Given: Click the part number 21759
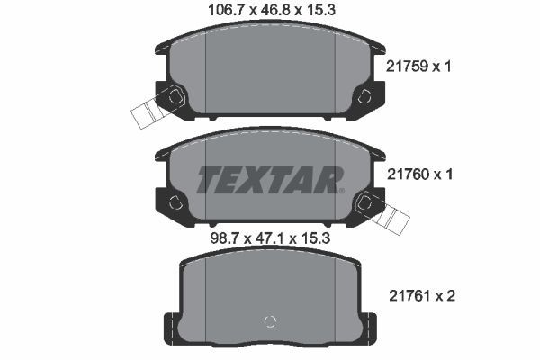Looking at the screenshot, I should pos(403,67).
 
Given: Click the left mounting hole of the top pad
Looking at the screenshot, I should pos(175,94).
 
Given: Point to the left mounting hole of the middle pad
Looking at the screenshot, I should pos(176,202).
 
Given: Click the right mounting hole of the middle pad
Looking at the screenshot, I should pos(364,202).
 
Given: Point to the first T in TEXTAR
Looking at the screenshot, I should pos(209,180).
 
